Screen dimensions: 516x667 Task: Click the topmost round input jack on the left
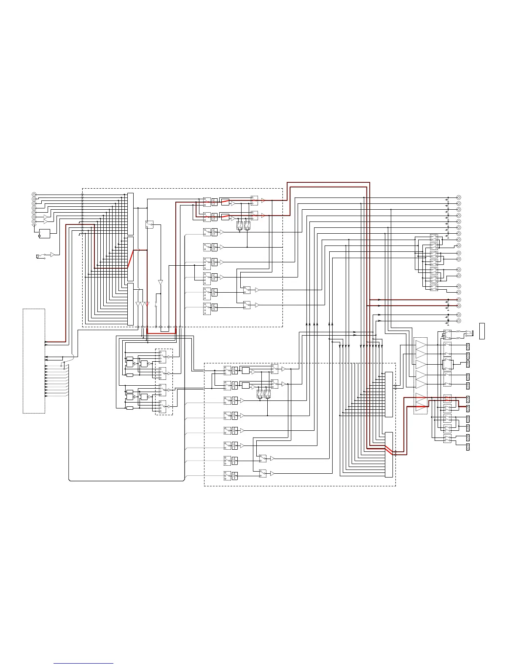[x=34, y=194]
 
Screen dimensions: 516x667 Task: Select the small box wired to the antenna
[x=44, y=233]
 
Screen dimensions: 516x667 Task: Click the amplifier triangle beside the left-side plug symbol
[x=52, y=254]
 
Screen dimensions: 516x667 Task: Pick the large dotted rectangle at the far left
[x=34, y=361]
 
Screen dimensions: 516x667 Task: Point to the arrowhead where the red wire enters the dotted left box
[x=46, y=342]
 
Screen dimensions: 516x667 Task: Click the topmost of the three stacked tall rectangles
[x=130, y=214]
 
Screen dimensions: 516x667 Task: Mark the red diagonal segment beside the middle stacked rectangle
[x=131, y=258]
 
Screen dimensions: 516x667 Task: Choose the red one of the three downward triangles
[x=147, y=304]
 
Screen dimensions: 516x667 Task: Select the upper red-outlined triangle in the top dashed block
[x=263, y=201]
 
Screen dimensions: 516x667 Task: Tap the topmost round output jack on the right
[x=459, y=197]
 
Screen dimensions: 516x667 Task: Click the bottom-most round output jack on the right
[x=459, y=321]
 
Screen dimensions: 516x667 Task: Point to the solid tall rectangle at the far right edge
[x=482, y=331]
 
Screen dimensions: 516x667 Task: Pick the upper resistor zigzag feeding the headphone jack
[x=459, y=332]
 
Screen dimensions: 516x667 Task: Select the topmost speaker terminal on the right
[x=468, y=346]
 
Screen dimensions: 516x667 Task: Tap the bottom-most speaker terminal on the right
[x=468, y=446]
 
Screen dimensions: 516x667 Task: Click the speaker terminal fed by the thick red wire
[x=468, y=408]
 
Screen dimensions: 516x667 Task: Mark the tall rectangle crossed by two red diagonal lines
[x=389, y=454]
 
